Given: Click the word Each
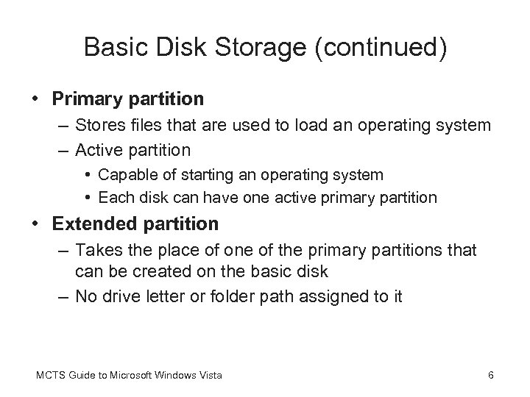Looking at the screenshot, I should point(113,197).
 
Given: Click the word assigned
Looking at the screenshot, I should point(336,298).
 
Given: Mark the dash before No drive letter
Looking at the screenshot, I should point(62,298).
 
